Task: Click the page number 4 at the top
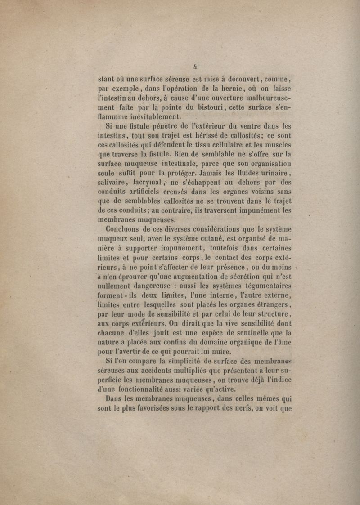click(195, 66)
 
